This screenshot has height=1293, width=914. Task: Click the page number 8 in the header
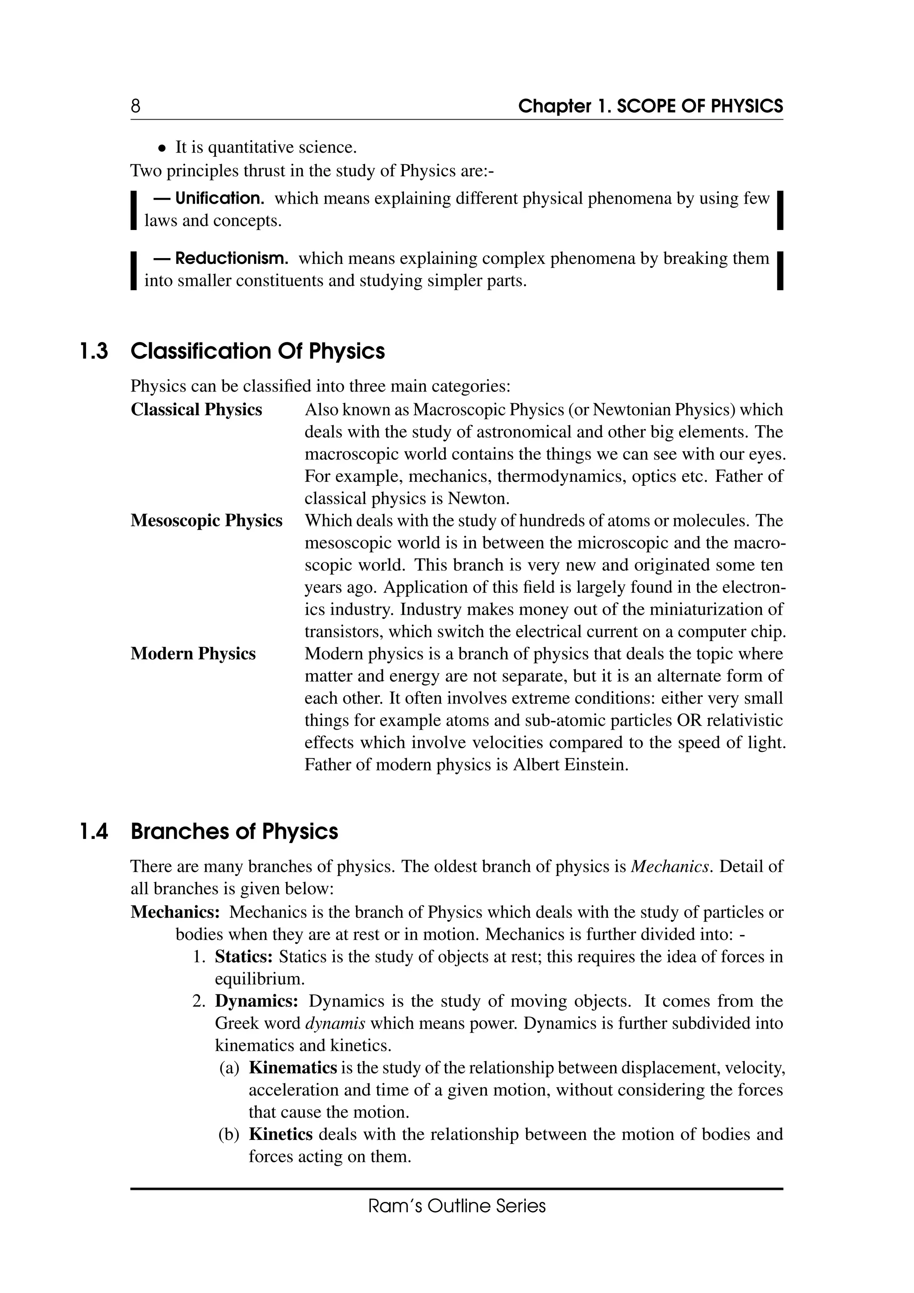(x=136, y=106)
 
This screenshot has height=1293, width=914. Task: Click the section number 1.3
(x=93, y=351)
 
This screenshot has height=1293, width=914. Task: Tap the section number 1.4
(x=93, y=831)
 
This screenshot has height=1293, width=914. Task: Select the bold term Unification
(x=220, y=198)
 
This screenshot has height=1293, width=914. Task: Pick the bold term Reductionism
(x=232, y=259)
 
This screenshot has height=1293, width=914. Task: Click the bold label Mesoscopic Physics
(x=207, y=520)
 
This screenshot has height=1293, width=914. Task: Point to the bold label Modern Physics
(x=193, y=654)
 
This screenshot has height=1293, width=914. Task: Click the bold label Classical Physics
(x=196, y=409)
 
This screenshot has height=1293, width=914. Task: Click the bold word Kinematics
(x=293, y=1068)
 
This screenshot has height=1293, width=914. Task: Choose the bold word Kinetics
(x=280, y=1134)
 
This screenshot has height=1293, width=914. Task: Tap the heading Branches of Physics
(x=234, y=831)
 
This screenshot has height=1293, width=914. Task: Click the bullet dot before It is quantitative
(x=162, y=149)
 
